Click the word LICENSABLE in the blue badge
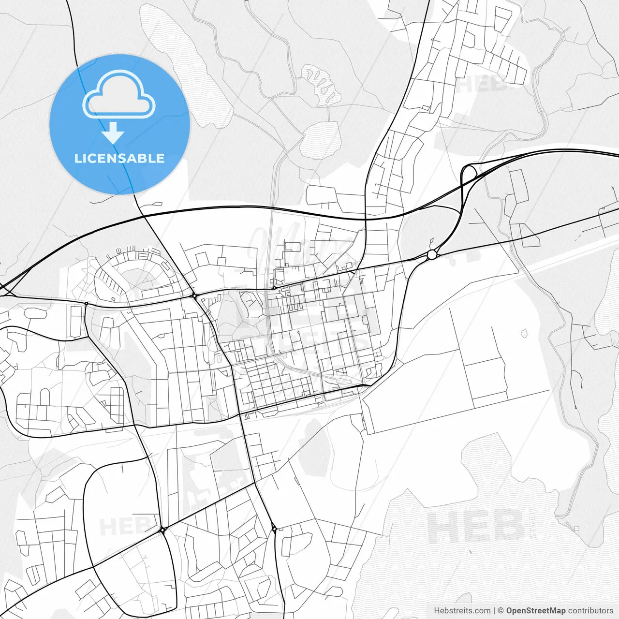pos(119,158)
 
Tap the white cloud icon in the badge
pos(119,94)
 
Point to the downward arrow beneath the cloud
pos(113,133)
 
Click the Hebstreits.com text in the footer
pos(462,611)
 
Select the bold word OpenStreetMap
pos(535,611)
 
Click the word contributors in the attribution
pos(590,611)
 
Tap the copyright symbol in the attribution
pos(501,611)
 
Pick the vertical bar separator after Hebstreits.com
pos(494,611)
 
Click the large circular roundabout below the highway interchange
pos(432,254)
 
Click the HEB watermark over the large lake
pos(476,527)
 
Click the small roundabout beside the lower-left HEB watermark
pos(162,531)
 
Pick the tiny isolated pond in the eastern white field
pos(524,333)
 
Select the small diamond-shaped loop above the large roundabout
pos(430,241)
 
